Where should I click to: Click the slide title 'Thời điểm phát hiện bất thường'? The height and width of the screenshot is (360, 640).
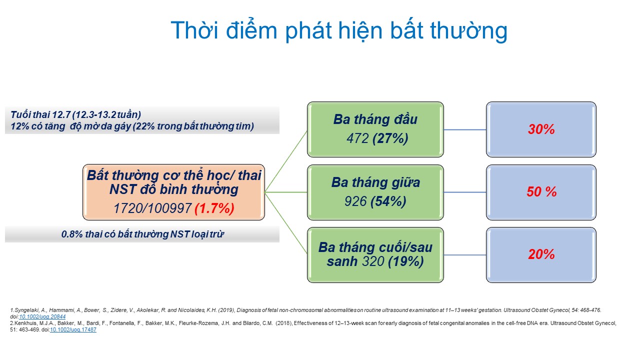339,30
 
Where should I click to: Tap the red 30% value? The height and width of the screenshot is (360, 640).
541,129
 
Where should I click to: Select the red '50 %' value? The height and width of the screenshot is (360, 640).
541,191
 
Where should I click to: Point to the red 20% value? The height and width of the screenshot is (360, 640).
541,254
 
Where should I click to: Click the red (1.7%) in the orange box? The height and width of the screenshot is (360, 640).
214,208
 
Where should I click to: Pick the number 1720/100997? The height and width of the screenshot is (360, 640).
152,208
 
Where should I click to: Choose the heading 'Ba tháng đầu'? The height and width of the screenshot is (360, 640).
375,119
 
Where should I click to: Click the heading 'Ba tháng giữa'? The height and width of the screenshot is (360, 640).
375,182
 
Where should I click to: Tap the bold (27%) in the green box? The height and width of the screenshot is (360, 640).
390,138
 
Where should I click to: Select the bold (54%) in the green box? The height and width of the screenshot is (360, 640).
388,201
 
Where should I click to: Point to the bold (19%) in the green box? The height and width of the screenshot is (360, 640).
405,261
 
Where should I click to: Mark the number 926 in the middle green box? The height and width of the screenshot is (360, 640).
355,201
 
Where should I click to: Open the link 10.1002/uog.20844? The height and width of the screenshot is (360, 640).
42,316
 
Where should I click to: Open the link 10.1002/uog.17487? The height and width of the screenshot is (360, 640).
73,329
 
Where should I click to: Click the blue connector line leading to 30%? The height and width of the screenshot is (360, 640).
465,129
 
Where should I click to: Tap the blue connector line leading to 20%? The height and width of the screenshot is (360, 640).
465,255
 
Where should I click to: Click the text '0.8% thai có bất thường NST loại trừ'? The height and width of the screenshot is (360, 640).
142,234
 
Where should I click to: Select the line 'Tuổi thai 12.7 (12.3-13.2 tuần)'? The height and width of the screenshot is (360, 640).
75,114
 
